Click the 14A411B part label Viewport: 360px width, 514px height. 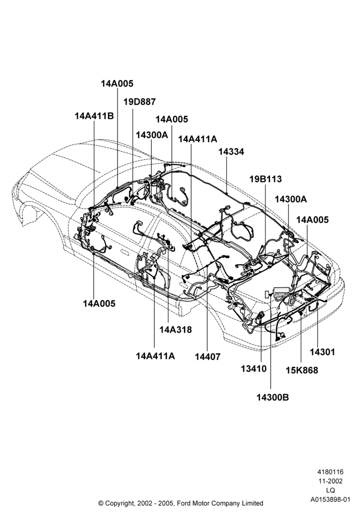94,116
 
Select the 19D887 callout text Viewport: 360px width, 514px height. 140,102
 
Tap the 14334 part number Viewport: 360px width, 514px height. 231,152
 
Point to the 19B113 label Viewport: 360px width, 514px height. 265,179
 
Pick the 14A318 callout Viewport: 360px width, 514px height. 176,329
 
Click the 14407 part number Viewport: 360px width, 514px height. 208,356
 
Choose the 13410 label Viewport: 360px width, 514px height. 254,369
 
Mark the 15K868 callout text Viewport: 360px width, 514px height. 302,370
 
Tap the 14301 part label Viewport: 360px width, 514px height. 322,352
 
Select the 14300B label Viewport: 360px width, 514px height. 273,397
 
